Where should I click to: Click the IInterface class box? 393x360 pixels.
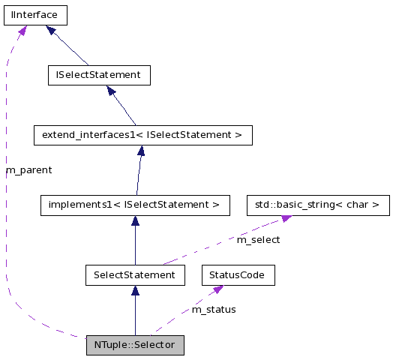coord(35,14)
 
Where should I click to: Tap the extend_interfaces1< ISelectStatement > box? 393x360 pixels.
coord(142,135)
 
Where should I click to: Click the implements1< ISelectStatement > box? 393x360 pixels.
coord(134,204)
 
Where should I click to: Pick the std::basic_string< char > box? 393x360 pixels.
coord(318,204)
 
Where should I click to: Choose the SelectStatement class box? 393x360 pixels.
coord(134,275)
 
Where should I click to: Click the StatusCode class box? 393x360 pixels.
coord(238,275)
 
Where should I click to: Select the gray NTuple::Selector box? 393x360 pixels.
coord(135,345)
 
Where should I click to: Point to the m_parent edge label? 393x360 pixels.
coord(29,170)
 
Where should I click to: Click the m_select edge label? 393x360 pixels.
coord(258,240)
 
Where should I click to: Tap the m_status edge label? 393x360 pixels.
coord(214,309)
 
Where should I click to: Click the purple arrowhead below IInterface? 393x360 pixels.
coord(22,30)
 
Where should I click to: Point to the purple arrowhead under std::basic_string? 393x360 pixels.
coord(286,218)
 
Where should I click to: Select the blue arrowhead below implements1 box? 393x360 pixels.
coord(135,220)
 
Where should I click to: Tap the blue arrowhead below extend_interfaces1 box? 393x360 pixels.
coord(140,151)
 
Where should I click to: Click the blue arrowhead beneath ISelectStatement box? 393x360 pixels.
coord(110,90)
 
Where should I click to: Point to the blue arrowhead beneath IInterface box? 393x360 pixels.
coord(51,30)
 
